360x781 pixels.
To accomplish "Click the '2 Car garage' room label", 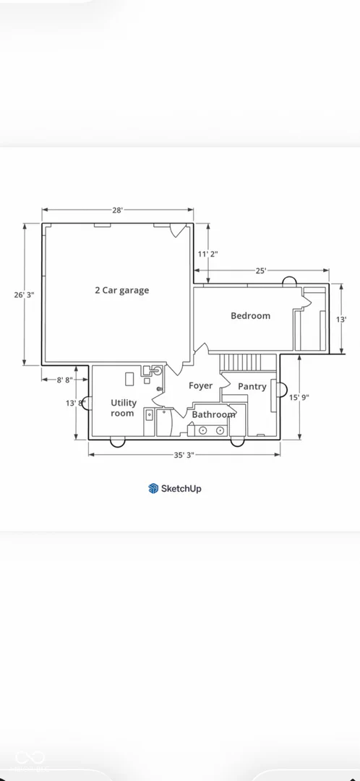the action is [122, 291].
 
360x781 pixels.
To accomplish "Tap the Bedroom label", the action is [250, 316].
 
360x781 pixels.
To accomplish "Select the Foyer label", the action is [201, 386].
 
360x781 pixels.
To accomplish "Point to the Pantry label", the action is [252, 386].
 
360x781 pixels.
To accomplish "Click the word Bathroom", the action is [213, 414].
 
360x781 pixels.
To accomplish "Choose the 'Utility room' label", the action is [122, 408].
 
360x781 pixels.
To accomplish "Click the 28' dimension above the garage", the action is [118, 210].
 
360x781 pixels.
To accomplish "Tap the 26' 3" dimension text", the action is [24, 295].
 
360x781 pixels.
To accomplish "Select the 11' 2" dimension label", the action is [207, 254].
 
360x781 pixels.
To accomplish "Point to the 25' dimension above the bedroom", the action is [262, 270].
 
